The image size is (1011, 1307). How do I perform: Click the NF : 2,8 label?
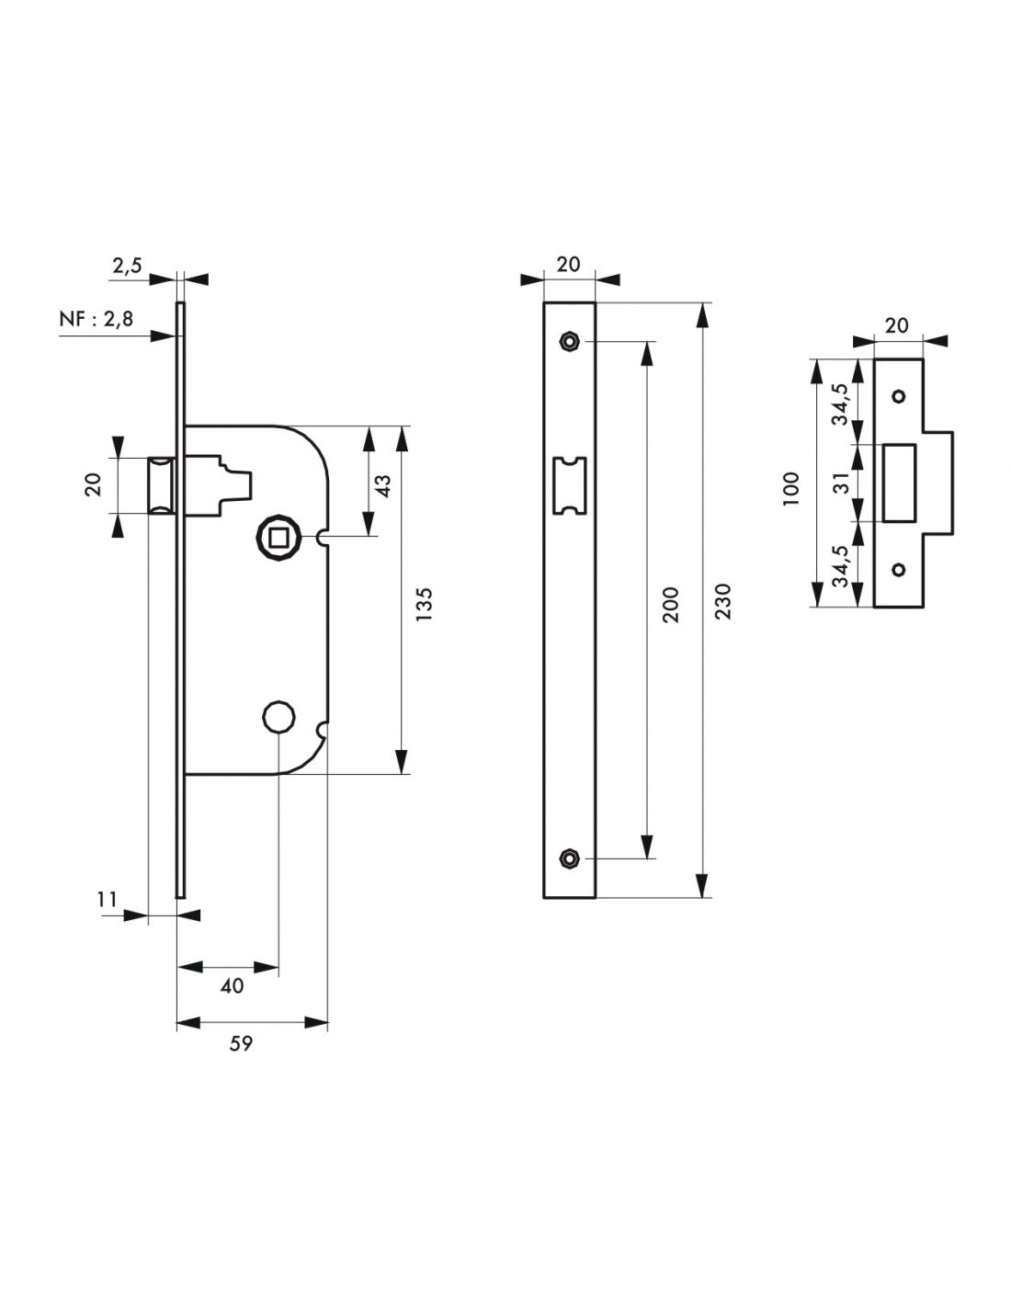coord(97,318)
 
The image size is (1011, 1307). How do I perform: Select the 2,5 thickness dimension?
coord(127,266)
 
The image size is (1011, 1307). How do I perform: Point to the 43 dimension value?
coord(383,485)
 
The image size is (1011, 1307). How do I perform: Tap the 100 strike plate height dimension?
coord(791,488)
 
